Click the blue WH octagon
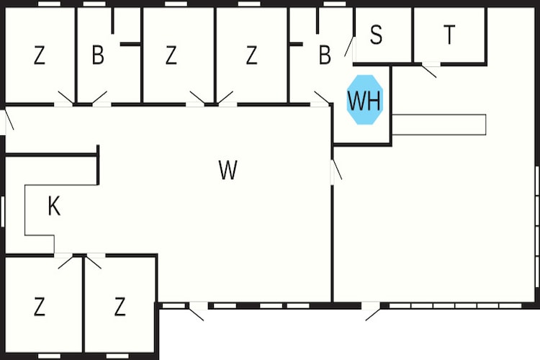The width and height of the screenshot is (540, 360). (x=365, y=99)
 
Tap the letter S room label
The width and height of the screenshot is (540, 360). (x=376, y=35)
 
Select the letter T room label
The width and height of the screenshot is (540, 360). (x=449, y=35)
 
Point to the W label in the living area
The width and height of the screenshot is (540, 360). (x=228, y=170)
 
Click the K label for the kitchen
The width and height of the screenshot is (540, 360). (x=54, y=206)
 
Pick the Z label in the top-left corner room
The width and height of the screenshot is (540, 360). (x=40, y=55)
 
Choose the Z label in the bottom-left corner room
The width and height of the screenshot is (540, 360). (x=40, y=307)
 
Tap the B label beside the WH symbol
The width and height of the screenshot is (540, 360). (x=325, y=55)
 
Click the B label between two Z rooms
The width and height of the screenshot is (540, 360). (x=98, y=55)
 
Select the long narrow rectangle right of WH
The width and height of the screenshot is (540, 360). (x=439, y=125)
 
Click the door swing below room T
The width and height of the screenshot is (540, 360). (x=429, y=71)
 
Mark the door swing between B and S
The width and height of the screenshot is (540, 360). (x=349, y=47)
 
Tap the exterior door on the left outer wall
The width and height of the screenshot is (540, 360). (x=8, y=120)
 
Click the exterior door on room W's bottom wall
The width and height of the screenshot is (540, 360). (x=197, y=312)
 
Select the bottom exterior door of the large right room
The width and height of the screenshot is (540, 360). (x=373, y=312)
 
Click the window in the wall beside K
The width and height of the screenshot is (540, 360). (x=3, y=212)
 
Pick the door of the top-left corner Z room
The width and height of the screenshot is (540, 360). (x=66, y=98)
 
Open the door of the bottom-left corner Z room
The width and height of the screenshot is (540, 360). (x=65, y=261)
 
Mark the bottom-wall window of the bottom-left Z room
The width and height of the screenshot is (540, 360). (x=49, y=356)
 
